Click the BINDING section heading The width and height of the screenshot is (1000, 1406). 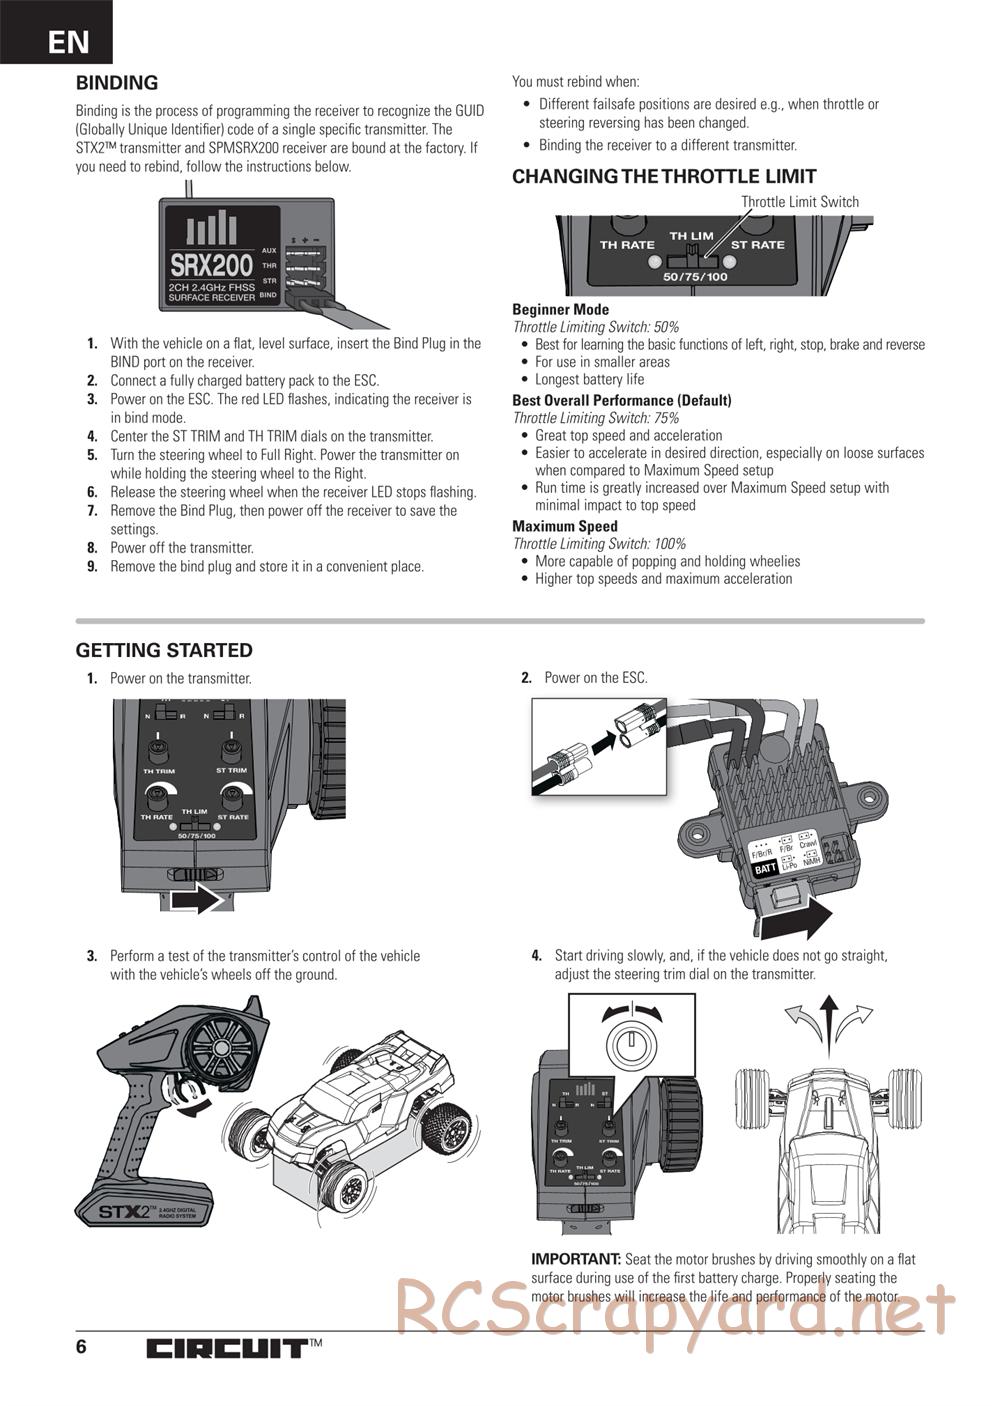[117, 83]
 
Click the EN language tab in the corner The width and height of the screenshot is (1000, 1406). [67, 41]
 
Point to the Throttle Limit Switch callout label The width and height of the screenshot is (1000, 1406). [799, 202]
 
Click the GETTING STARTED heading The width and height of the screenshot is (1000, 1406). [164, 650]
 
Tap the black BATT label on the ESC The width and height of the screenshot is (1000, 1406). [765, 869]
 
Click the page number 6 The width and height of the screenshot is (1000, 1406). [81, 1346]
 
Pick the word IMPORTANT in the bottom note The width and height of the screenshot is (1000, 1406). [576, 1259]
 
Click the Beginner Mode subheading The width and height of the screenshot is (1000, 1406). [560, 310]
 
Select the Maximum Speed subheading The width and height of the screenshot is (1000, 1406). [565, 526]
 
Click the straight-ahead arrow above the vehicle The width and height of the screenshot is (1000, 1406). [828, 1020]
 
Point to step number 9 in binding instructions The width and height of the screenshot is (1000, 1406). [92, 567]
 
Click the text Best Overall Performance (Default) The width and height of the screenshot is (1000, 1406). [622, 400]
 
